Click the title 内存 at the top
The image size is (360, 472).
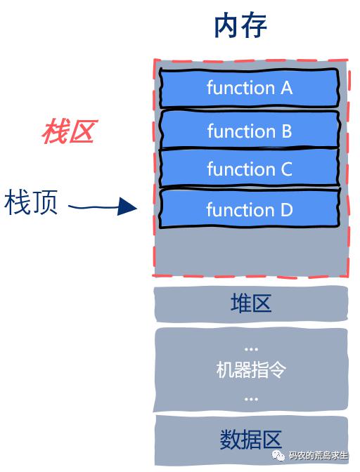tap(240, 27)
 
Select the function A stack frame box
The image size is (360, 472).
tap(249, 88)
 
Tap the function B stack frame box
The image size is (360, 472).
tap(250, 130)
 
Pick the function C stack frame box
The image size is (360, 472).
tap(250, 168)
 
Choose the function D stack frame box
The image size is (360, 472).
tap(250, 209)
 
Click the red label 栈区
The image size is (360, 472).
tap(70, 131)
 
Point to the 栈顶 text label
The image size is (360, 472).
tap(31, 202)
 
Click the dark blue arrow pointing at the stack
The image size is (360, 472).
tap(103, 206)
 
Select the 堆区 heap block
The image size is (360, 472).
tap(251, 304)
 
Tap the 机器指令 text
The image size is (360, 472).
tap(251, 369)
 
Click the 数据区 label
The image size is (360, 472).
tap(251, 440)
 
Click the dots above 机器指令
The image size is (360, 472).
tap(251, 350)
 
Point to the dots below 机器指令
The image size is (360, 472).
tap(251, 400)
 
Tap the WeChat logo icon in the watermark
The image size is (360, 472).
tap(278, 455)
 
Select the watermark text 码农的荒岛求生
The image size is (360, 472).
tap(318, 455)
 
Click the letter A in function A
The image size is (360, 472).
tap(286, 88)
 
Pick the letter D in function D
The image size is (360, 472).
tap(286, 210)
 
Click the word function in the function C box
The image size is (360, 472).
tap(241, 169)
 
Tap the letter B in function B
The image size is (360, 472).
tap(286, 131)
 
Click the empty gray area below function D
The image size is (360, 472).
tap(251, 251)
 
